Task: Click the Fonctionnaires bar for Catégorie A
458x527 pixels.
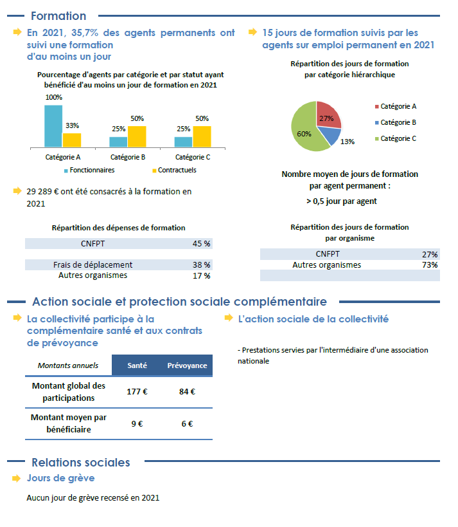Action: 53,126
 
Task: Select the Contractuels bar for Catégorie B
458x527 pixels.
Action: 137,136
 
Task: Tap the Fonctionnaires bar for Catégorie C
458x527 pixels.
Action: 183,142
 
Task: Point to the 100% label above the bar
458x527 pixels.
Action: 54,97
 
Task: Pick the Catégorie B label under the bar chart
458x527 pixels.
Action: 128,157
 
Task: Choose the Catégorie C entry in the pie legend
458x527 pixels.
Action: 398,138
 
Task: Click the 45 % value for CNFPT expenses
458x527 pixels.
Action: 201,244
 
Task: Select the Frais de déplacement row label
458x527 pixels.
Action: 92,264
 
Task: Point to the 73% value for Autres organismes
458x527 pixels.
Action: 430,265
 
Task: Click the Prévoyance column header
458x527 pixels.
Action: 187,365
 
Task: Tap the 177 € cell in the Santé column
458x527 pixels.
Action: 137,391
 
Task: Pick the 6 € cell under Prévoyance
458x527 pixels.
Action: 187,423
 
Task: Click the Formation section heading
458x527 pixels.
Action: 58,16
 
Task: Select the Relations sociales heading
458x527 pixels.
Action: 80,462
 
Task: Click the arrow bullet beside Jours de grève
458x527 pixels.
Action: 17,478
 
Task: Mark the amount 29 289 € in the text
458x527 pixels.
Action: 44,191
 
